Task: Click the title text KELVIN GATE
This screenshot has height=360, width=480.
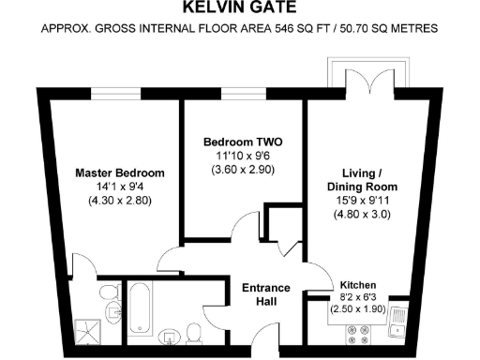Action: point(239,10)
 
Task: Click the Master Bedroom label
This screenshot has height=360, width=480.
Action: point(119,172)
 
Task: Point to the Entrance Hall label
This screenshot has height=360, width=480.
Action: point(266,294)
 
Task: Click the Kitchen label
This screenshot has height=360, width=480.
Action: point(357,283)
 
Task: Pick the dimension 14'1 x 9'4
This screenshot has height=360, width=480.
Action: point(119,187)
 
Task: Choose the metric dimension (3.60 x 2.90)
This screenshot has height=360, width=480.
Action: point(243,170)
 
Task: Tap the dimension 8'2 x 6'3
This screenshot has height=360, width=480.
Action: point(357,296)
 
